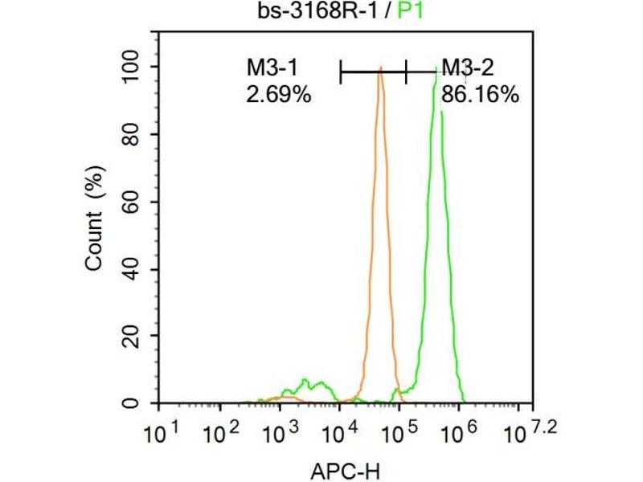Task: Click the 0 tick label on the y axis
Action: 143,402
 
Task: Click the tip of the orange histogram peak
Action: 380,68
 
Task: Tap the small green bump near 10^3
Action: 305,381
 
